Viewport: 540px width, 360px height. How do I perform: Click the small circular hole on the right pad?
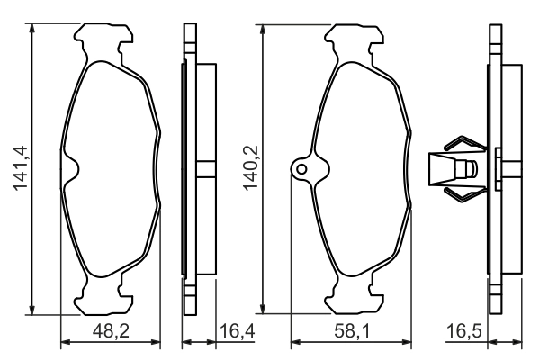pyautogui.click(x=301, y=167)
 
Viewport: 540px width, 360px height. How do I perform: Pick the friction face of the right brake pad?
pyautogui.click(x=360, y=167)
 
